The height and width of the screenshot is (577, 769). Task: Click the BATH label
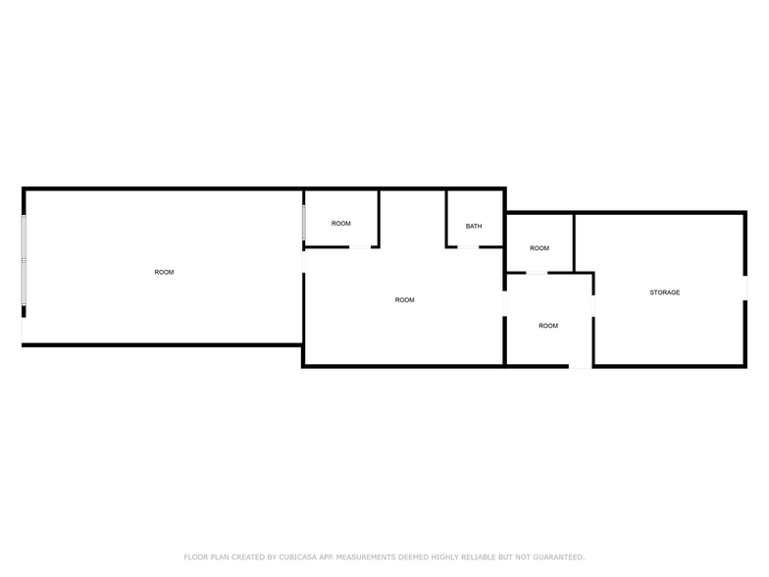tap(474, 226)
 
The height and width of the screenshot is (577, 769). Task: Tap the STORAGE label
tap(665, 292)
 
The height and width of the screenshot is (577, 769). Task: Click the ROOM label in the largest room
tap(165, 273)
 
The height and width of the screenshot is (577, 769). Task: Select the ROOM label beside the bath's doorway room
tap(404, 300)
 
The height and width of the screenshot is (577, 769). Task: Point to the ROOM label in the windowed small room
tap(341, 224)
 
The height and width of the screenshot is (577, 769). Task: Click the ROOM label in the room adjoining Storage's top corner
tap(539, 248)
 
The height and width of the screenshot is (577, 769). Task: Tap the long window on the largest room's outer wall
tap(24, 260)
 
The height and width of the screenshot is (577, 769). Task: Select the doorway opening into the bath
tap(468, 247)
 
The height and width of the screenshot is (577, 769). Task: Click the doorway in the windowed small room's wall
tap(359, 247)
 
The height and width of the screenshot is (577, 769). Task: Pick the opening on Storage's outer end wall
tap(745, 288)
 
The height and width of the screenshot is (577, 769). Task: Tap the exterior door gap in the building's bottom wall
tap(581, 366)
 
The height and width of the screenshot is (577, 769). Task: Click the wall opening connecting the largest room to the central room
tap(304, 261)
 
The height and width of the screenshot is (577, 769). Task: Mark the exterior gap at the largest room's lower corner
tap(24, 330)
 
